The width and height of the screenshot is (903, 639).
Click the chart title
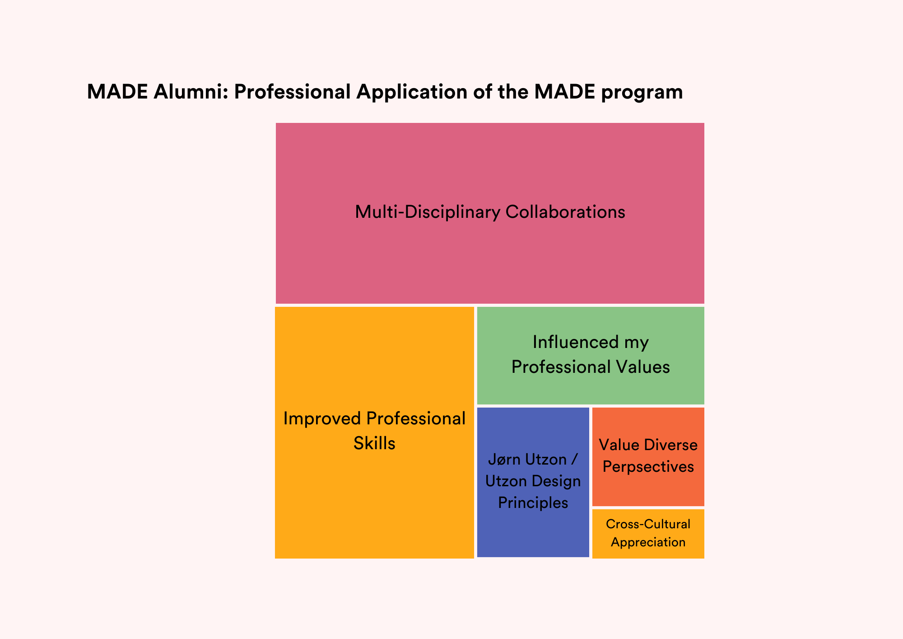[385, 92]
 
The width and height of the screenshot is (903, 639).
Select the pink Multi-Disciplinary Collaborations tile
[490, 213]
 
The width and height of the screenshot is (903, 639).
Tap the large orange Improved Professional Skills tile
[374, 432]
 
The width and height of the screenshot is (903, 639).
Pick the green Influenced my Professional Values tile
[591, 356]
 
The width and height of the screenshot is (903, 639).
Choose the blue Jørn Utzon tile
[533, 482]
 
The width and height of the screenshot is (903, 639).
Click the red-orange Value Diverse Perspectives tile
[648, 457]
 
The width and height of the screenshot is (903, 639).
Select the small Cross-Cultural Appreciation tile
[648, 534]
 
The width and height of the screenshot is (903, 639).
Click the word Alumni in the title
[189, 92]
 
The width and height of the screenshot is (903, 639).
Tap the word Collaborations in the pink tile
[565, 212]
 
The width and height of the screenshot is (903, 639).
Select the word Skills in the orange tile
[374, 443]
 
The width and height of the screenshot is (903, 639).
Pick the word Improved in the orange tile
[322, 419]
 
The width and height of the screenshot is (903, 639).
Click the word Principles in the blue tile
[533, 503]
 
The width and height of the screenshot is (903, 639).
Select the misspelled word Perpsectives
[648, 467]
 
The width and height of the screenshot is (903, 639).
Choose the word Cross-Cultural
[648, 524]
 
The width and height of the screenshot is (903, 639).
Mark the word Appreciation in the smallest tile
[648, 542]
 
